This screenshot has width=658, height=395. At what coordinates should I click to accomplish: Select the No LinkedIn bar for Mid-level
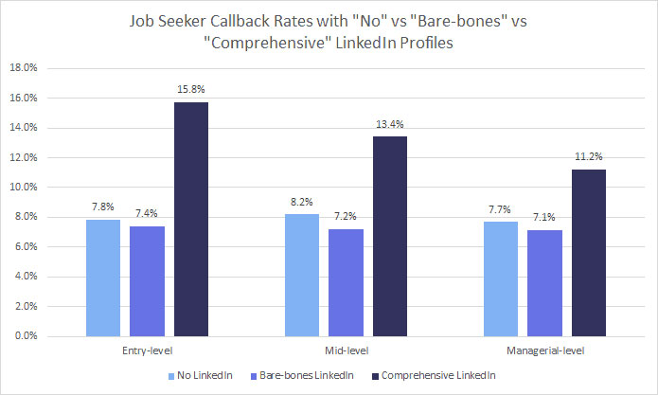coord(303,275)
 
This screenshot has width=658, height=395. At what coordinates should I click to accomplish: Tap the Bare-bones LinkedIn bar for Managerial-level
coord(541,283)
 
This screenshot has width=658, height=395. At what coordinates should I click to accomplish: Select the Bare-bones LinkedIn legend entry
coord(307,377)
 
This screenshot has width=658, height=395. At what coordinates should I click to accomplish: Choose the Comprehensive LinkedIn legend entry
coord(433,377)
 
